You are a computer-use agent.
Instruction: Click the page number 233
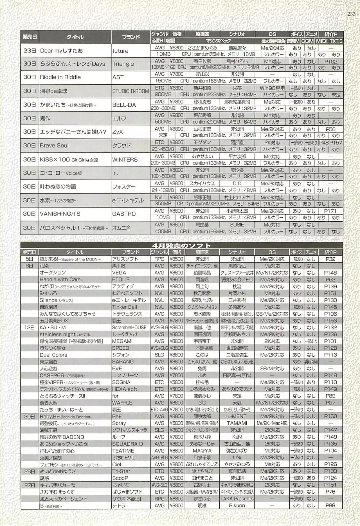(x=351, y=14)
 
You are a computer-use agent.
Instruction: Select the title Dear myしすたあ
(x=61, y=51)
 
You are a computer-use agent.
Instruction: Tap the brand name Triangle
(x=123, y=64)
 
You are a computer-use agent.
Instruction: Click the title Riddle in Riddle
(x=60, y=77)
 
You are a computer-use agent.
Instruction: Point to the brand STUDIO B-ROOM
(x=130, y=91)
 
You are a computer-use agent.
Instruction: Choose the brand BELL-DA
(x=124, y=105)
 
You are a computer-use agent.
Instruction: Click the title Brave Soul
(x=54, y=145)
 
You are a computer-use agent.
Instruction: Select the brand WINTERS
(x=125, y=159)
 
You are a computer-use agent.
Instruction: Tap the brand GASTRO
(x=124, y=214)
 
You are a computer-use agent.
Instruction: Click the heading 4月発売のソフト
(x=181, y=246)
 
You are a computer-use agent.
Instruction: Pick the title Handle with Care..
(x=61, y=279)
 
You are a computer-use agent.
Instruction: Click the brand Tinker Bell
(x=124, y=307)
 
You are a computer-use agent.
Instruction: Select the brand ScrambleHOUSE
(x=129, y=327)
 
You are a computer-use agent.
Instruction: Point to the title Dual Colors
(x=53, y=355)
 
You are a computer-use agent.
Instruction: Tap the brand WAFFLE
(x=122, y=403)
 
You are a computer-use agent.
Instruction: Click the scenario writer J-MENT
(x=237, y=416)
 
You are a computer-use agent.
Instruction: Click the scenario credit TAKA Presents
(x=237, y=498)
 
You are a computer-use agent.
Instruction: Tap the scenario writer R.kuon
(x=237, y=505)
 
